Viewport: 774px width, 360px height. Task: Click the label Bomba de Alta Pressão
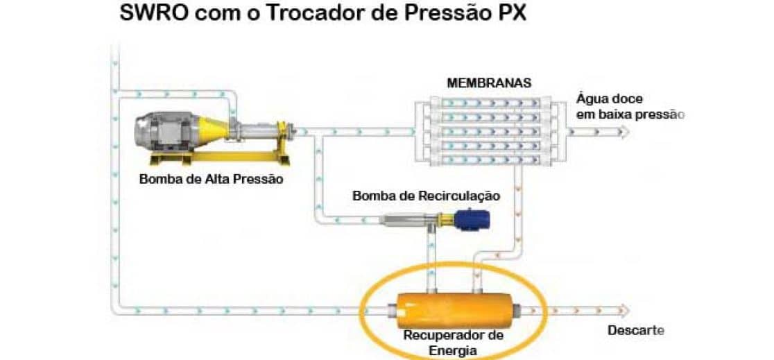pyautogui.click(x=212, y=178)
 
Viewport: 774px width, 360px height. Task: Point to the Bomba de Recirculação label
pyautogui.click(x=426, y=196)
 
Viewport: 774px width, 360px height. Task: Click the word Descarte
pyautogui.click(x=635, y=330)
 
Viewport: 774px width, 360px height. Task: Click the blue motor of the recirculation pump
pyautogui.click(x=474, y=219)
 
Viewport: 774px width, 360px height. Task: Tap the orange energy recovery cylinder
pyautogui.click(x=454, y=308)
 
